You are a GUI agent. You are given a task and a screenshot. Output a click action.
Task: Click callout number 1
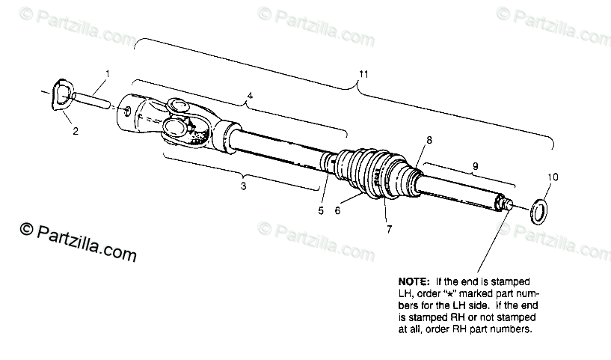(x=108, y=74)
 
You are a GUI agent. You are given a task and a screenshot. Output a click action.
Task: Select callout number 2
(x=75, y=131)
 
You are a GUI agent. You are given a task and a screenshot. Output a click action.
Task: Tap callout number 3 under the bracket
(x=243, y=186)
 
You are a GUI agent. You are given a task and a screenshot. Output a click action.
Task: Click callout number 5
(x=321, y=210)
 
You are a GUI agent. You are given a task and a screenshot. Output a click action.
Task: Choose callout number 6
(x=337, y=210)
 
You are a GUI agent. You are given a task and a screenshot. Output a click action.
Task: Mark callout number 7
(x=388, y=229)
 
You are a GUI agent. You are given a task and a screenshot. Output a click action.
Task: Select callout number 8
(x=429, y=140)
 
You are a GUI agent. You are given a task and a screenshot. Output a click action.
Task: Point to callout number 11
(x=363, y=74)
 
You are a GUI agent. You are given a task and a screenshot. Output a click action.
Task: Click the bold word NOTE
(x=414, y=281)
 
